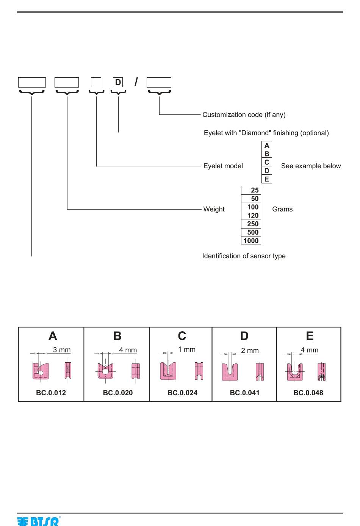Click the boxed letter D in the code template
pyautogui.click(x=118, y=82)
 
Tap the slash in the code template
pyautogui.click(x=136, y=82)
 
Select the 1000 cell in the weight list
pyautogui.click(x=251, y=241)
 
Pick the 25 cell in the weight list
pyautogui.click(x=251, y=190)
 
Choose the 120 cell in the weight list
pyautogui.click(x=251, y=215)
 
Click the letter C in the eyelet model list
pyautogui.click(x=267, y=162)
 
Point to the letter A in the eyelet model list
pyautogui.click(x=267, y=146)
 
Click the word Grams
pyautogui.click(x=282, y=209)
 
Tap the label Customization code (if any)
pyautogui.click(x=244, y=115)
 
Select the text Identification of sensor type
pyautogui.click(x=244, y=256)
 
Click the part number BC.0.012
pyautogui.click(x=51, y=393)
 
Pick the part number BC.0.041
pyautogui.click(x=245, y=393)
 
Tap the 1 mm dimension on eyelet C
pyautogui.click(x=187, y=349)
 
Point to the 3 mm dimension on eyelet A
pyautogui.click(x=62, y=350)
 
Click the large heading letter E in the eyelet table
pyautogui.click(x=310, y=336)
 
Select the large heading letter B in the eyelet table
pyautogui.click(x=117, y=336)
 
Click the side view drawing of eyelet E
pyautogui.click(x=321, y=372)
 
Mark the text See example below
pyautogui.click(x=311, y=166)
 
